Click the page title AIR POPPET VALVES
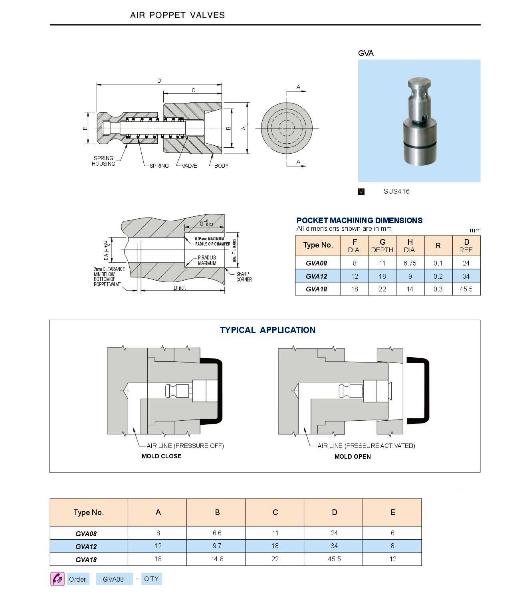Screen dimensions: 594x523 tap(177, 15)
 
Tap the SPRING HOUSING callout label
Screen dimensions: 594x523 tap(103, 161)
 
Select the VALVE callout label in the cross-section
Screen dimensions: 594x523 tap(189, 166)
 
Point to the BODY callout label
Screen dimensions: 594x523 tap(221, 166)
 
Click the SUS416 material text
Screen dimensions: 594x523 tap(396, 191)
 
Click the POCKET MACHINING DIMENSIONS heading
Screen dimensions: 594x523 tap(359, 220)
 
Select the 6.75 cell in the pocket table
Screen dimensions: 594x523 tap(410, 263)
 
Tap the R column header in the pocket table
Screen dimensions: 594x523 tap(438, 246)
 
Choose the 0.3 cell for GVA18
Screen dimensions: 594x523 tap(438, 289)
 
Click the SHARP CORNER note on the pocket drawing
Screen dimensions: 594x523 tap(244, 277)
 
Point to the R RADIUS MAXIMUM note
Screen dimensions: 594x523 tap(207, 260)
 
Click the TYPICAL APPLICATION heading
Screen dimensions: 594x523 tap(267, 330)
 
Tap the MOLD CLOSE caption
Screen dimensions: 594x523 tap(161, 456)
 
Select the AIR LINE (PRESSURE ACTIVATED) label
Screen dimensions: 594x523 tap(366, 446)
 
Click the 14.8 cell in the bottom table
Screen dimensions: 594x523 tap(217, 559)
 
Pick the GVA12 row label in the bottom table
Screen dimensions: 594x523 tap(86, 546)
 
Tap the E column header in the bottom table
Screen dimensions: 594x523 tap(392, 512)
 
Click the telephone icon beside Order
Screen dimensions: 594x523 tap(57, 579)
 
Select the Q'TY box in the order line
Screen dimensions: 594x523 tap(151, 579)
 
